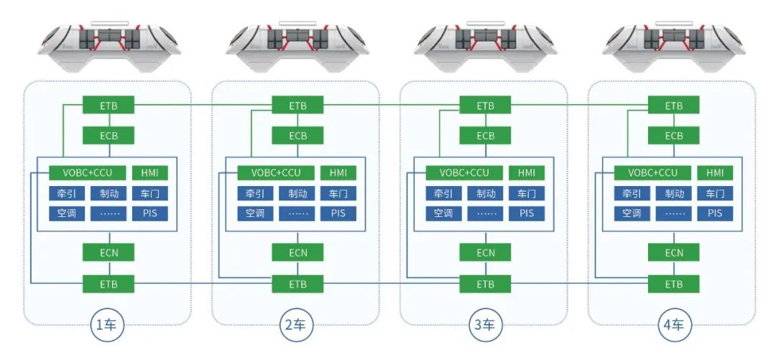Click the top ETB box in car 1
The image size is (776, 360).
109,106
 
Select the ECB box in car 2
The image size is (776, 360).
297,136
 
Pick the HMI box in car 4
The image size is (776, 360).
715,173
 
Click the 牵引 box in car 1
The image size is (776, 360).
67,193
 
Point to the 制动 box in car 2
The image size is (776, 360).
297,193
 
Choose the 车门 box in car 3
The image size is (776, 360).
527,193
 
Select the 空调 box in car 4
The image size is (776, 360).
632,213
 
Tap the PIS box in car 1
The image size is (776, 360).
150,213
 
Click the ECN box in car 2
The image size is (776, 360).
297,252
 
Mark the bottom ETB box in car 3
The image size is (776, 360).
486,284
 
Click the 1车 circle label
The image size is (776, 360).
109,326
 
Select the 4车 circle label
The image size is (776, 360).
674,326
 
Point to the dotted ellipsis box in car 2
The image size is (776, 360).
297,213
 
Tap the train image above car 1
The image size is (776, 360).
108,47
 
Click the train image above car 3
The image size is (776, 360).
486,47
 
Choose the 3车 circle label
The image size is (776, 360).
486,326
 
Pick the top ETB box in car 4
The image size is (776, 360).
674,106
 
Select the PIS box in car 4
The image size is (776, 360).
715,213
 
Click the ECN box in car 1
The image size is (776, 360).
109,252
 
